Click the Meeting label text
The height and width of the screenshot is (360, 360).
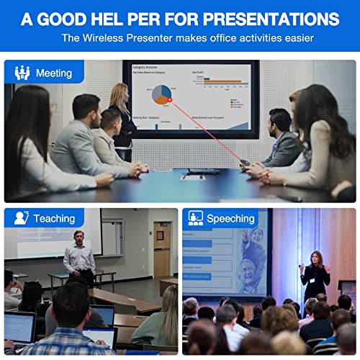(x=53, y=73)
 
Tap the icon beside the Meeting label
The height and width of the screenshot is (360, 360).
(x=22, y=73)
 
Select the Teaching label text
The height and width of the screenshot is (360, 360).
(x=54, y=218)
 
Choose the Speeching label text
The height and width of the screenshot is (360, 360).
(x=230, y=218)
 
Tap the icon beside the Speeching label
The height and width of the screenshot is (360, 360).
(x=195, y=218)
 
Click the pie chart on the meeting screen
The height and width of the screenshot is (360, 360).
(x=163, y=94)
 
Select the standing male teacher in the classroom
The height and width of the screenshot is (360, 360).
(x=78, y=257)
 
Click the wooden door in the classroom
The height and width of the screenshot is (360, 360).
(x=162, y=249)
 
